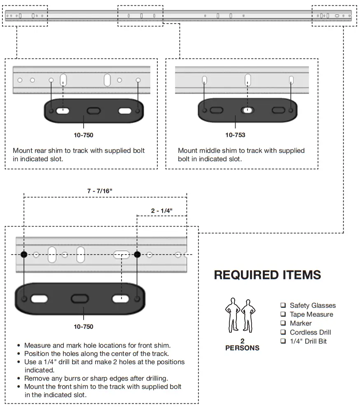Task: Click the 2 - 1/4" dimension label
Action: (x=161, y=211)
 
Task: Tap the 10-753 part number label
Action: (x=235, y=135)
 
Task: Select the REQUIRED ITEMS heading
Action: (x=267, y=275)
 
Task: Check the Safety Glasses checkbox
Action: (x=283, y=305)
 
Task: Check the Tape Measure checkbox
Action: (x=283, y=314)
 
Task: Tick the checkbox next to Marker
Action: (x=283, y=323)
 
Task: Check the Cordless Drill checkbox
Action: (x=283, y=332)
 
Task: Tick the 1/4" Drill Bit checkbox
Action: (x=283, y=341)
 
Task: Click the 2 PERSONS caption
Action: (x=242, y=344)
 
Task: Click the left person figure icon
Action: (x=232, y=315)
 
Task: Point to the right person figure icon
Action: (x=248, y=315)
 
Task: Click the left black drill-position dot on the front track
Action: (x=24, y=255)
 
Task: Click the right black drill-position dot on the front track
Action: (x=137, y=255)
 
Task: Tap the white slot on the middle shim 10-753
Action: (x=247, y=110)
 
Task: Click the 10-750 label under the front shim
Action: (x=83, y=327)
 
